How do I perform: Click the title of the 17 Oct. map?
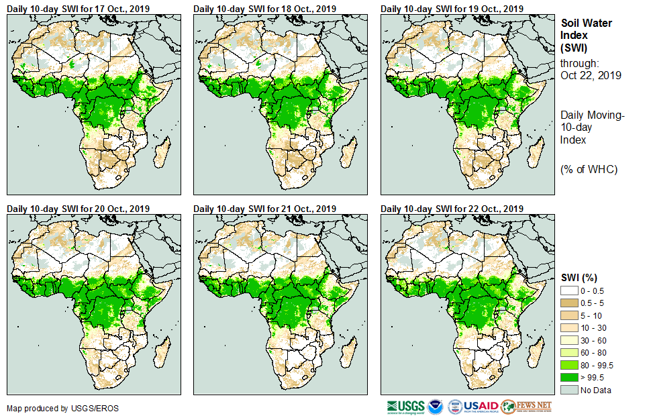point(79,8)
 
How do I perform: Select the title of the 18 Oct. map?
point(265,8)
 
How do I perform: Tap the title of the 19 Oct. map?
point(452,8)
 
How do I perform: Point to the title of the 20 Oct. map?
point(79,209)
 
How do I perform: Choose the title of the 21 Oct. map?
point(265,209)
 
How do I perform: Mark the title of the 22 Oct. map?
point(452,209)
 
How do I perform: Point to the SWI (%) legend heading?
point(579,278)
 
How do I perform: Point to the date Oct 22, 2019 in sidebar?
point(591,75)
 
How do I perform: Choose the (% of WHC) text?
point(589,169)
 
